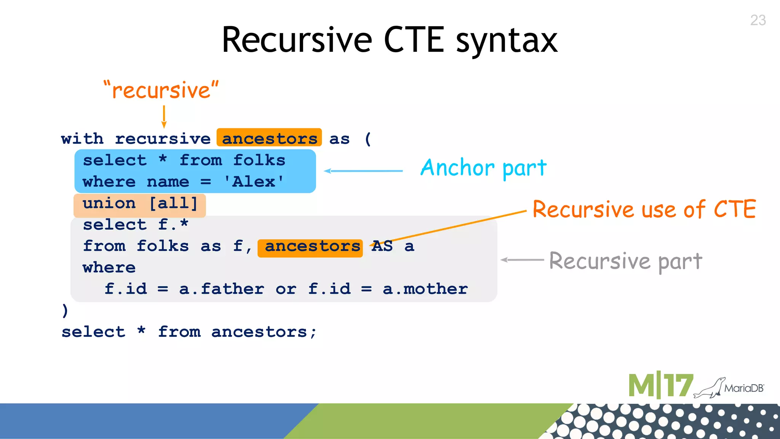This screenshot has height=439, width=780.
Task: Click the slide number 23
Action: [758, 20]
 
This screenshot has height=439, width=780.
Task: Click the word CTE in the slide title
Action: [414, 40]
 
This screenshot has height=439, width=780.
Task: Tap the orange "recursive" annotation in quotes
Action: [161, 90]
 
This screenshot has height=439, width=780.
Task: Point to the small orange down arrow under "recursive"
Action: [164, 117]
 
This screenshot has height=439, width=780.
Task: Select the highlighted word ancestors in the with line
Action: [269, 138]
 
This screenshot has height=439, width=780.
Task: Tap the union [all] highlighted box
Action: [140, 204]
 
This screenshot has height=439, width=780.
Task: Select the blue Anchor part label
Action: [483, 168]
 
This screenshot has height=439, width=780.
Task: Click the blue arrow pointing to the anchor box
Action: [363, 171]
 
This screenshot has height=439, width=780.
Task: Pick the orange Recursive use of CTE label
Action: [644, 210]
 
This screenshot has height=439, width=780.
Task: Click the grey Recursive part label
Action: [625, 261]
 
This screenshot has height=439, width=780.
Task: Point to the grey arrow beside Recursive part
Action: [522, 260]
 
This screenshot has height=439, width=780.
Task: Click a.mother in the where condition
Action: [425, 289]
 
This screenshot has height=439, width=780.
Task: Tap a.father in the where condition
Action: [222, 289]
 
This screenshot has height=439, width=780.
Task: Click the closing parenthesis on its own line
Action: [65, 311]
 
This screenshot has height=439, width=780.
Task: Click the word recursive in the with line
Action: [163, 139]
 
